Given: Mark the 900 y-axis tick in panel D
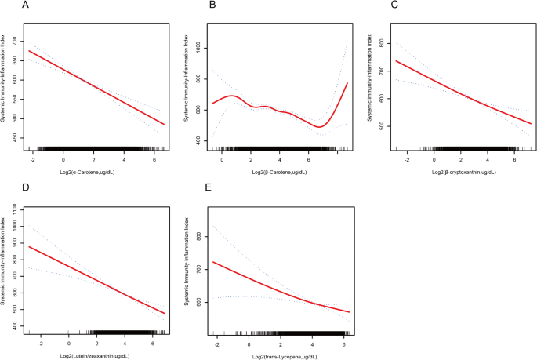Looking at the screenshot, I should click(18, 243).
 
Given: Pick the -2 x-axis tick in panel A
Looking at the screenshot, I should click(32, 159).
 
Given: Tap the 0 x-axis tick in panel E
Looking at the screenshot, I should click(249, 343).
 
